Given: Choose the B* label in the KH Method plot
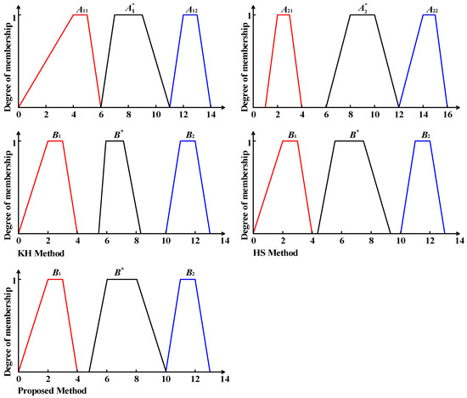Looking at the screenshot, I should coord(115,134).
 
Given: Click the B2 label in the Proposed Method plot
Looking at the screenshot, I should coord(188,272).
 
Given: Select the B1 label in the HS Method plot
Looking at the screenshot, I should coord(290,134).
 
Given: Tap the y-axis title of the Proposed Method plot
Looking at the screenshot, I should coord(6,327).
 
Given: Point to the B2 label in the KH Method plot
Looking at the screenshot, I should coord(188,134).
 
